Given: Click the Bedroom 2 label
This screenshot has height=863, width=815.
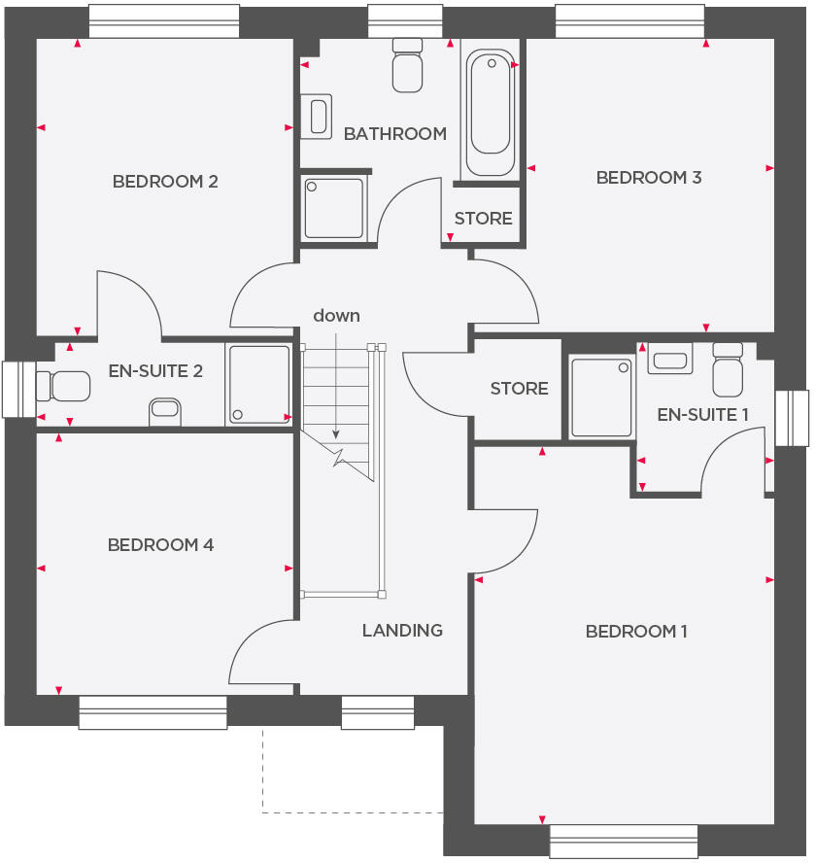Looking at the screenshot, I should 165,182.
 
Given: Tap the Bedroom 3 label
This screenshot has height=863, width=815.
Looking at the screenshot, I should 649,178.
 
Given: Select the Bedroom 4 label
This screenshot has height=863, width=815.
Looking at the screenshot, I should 160,545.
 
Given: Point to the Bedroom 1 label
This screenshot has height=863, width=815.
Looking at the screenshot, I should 636,632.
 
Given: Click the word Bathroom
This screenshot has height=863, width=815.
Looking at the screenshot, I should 395,134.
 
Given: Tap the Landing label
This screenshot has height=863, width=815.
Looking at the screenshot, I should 402,631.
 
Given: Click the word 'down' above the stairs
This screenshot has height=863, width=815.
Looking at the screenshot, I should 336,316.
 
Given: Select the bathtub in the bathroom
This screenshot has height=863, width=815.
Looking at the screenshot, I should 490,113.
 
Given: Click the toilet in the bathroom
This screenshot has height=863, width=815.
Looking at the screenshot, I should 407,65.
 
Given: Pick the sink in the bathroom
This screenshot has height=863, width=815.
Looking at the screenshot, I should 317,116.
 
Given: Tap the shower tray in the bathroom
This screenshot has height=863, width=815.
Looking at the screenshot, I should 333,207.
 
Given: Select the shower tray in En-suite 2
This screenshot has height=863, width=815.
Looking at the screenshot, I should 258,385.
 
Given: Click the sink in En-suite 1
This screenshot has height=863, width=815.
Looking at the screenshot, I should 671,359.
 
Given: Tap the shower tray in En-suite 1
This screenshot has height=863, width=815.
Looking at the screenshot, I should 600,397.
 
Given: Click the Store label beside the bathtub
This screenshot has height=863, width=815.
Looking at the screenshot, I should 483,219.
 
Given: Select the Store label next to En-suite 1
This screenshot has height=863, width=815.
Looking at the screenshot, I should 519,389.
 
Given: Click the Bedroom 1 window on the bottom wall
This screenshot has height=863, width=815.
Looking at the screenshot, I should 624,841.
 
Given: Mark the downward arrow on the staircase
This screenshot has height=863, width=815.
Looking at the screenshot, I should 336,389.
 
